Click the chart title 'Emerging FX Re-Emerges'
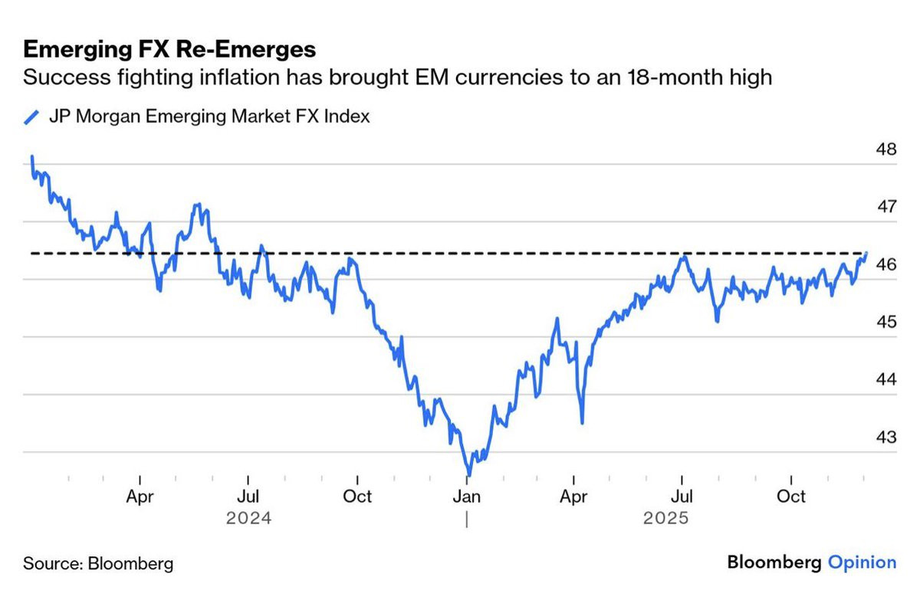(169, 50)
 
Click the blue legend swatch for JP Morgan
(31, 117)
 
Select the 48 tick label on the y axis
(886, 149)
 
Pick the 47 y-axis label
(886, 207)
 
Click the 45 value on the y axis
(886, 322)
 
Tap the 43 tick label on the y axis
(886, 437)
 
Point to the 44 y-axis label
(886, 379)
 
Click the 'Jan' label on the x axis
(466, 497)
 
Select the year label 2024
(248, 519)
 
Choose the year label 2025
(665, 519)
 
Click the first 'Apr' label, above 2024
(140, 497)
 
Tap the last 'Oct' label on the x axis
(791, 497)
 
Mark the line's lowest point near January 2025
(466, 474)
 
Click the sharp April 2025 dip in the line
(583, 422)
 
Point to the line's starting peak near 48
(32, 157)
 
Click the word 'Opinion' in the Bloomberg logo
(862, 563)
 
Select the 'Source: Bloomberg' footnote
(98, 564)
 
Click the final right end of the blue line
(866, 253)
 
